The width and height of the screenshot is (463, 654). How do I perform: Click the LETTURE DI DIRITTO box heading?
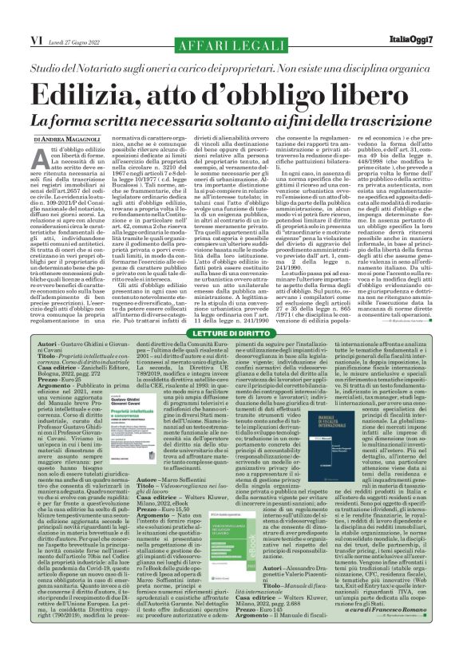(x=231, y=332)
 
